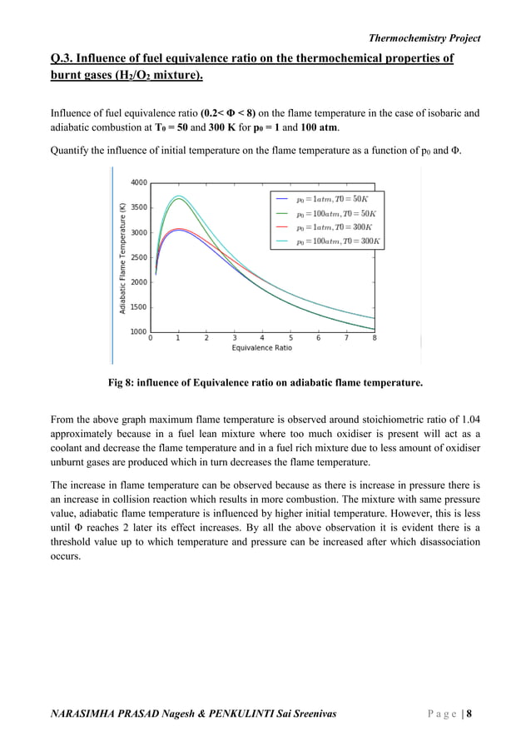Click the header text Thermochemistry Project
tap(424, 37)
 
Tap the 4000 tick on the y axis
tap(138, 182)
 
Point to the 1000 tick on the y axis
tap(138, 332)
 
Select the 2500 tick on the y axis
tap(138, 257)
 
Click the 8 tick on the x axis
tap(374, 339)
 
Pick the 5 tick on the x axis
tap(290, 339)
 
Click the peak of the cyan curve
tap(178, 196)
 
